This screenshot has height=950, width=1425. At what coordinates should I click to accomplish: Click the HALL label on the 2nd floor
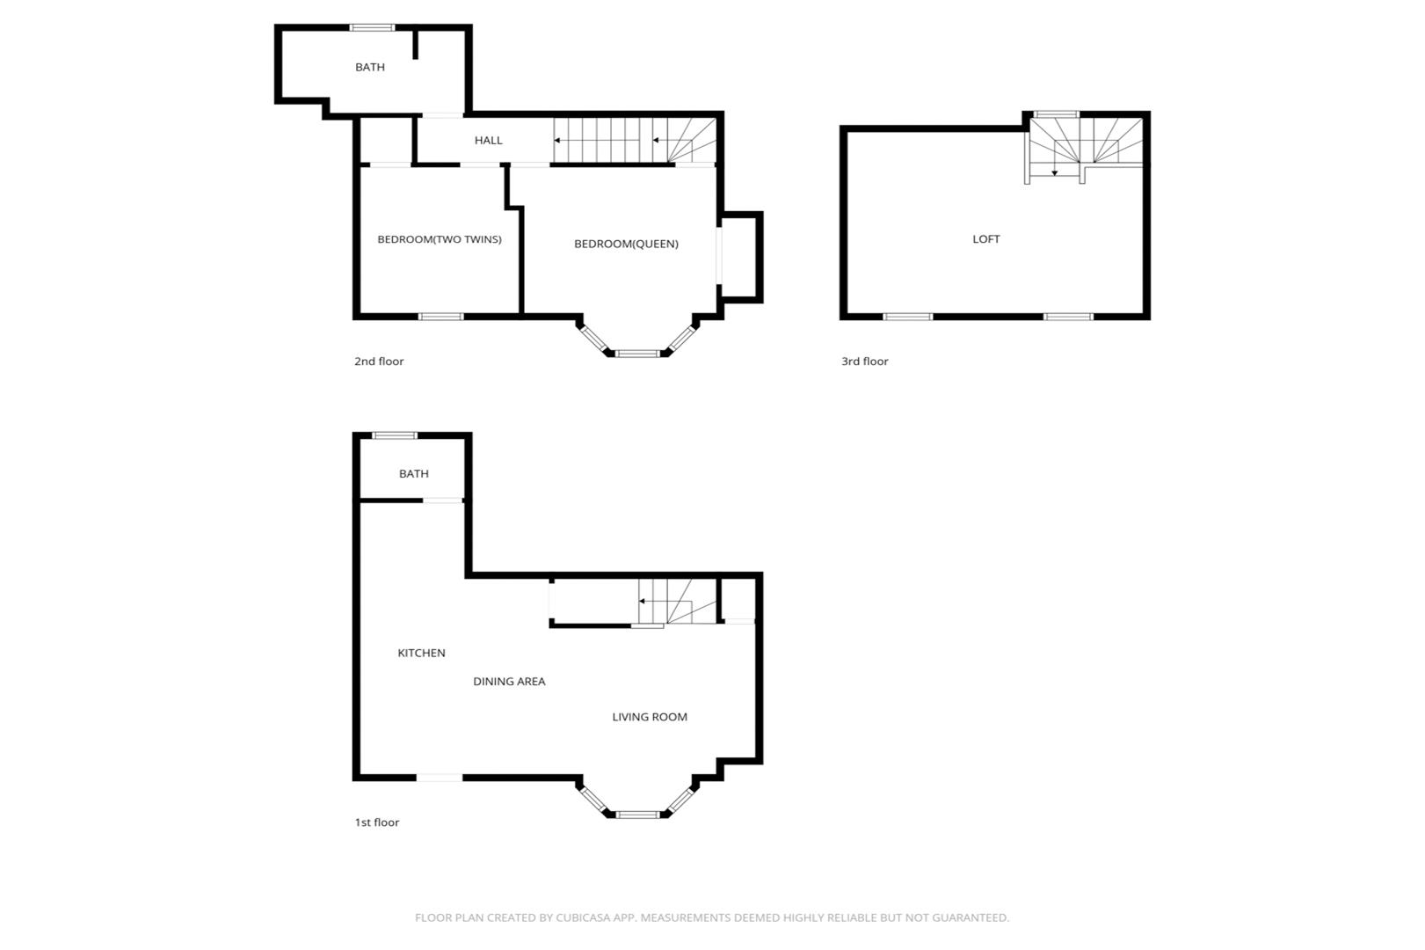point(488,140)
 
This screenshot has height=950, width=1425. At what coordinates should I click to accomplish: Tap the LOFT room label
point(986,238)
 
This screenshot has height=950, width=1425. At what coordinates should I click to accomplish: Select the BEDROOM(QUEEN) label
point(626,244)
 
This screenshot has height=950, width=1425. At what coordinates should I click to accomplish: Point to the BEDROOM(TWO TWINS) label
point(440,239)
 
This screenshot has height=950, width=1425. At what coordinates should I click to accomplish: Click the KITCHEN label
point(421,653)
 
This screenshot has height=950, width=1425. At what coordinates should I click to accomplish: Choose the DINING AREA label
point(509,682)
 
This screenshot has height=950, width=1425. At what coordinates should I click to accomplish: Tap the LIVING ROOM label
point(650,717)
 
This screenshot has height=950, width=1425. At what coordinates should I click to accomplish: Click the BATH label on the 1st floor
point(413,474)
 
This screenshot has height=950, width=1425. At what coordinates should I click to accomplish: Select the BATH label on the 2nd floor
point(369,67)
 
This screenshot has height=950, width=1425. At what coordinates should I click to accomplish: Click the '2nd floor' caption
point(379,361)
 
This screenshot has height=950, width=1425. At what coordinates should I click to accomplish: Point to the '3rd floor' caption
point(864,361)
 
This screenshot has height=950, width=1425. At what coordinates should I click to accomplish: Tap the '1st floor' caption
point(376,822)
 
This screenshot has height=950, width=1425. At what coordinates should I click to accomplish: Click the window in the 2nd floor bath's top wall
point(372,27)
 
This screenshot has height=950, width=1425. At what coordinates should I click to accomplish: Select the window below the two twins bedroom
point(440,317)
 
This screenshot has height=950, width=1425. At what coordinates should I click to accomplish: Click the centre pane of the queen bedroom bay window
point(637,354)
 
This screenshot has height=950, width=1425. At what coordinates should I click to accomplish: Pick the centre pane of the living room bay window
point(637,815)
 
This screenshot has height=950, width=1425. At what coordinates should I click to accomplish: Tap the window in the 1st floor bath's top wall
point(395,435)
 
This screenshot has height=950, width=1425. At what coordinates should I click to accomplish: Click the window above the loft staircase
point(1056,114)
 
